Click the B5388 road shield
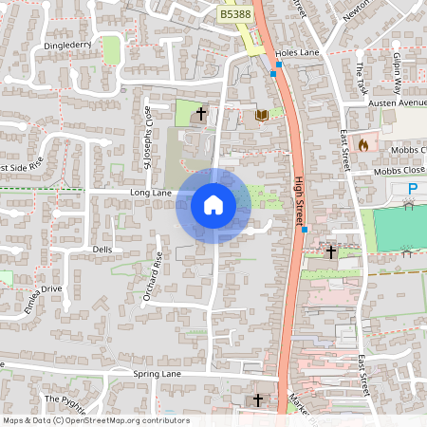point(236,14)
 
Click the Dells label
point(102,250)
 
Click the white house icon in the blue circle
point(213,205)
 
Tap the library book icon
point(261,115)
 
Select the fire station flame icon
point(362,145)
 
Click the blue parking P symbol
point(413,192)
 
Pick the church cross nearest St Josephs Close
point(200,114)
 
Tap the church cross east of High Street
point(331,251)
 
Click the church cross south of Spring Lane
point(258,401)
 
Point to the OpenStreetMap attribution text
point(97,420)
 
